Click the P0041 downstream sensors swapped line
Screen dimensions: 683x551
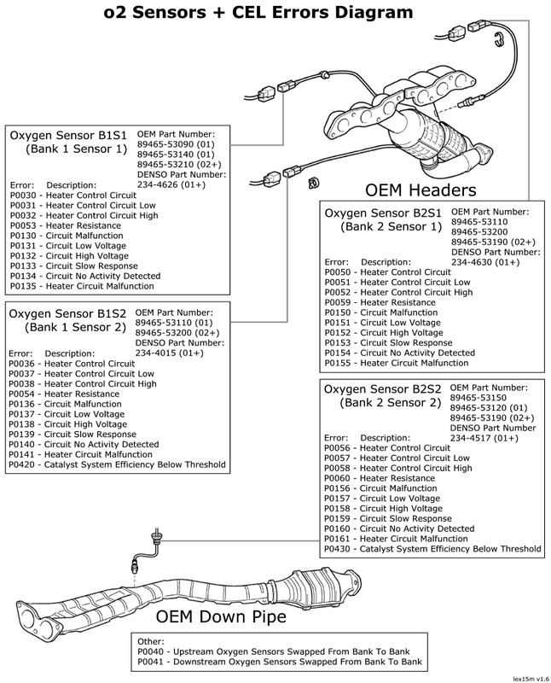pos(276,662)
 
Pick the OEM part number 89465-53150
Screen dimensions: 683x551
pos(482,397)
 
